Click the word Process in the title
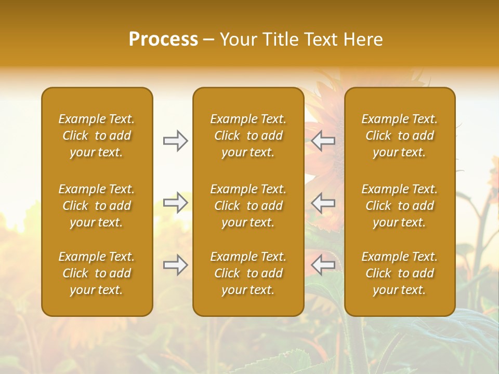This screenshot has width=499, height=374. pos(163,39)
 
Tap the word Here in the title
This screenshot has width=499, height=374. pos(363,39)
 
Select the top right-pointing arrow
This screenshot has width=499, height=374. pos(176,141)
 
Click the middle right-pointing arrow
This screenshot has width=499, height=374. pos(176,203)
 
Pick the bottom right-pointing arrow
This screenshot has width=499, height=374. pos(176,265)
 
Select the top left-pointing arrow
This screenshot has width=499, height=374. pos(323,141)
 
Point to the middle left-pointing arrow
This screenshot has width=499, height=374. pos(323,203)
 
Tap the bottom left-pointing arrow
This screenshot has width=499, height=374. pos(323,265)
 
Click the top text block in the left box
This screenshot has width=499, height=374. pos(97,136)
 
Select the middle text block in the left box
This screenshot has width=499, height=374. pos(97,206)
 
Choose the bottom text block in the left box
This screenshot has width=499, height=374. pos(97,273)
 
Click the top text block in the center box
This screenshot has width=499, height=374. pos(248,136)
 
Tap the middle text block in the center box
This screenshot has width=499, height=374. pos(248,206)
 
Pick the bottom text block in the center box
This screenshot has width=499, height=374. pos(248,273)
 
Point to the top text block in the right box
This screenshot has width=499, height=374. pos(400,136)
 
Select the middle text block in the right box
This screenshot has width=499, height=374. pos(400,206)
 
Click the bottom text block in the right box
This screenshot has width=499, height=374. pos(400,273)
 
